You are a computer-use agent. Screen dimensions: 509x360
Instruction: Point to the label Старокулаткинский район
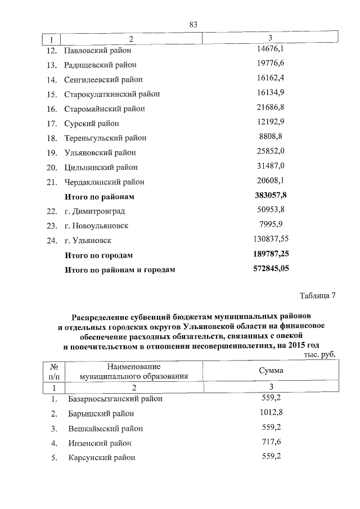(112, 94)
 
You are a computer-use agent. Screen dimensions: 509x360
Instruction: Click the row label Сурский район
(92, 123)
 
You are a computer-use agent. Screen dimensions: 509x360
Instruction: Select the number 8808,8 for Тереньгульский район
(271, 137)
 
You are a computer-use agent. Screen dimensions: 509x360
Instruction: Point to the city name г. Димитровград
(94, 211)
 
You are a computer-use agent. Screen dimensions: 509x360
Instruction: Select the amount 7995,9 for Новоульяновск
(271, 225)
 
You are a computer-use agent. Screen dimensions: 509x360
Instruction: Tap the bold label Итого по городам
(99, 255)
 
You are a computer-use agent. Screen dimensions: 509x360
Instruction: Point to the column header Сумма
(271, 371)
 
